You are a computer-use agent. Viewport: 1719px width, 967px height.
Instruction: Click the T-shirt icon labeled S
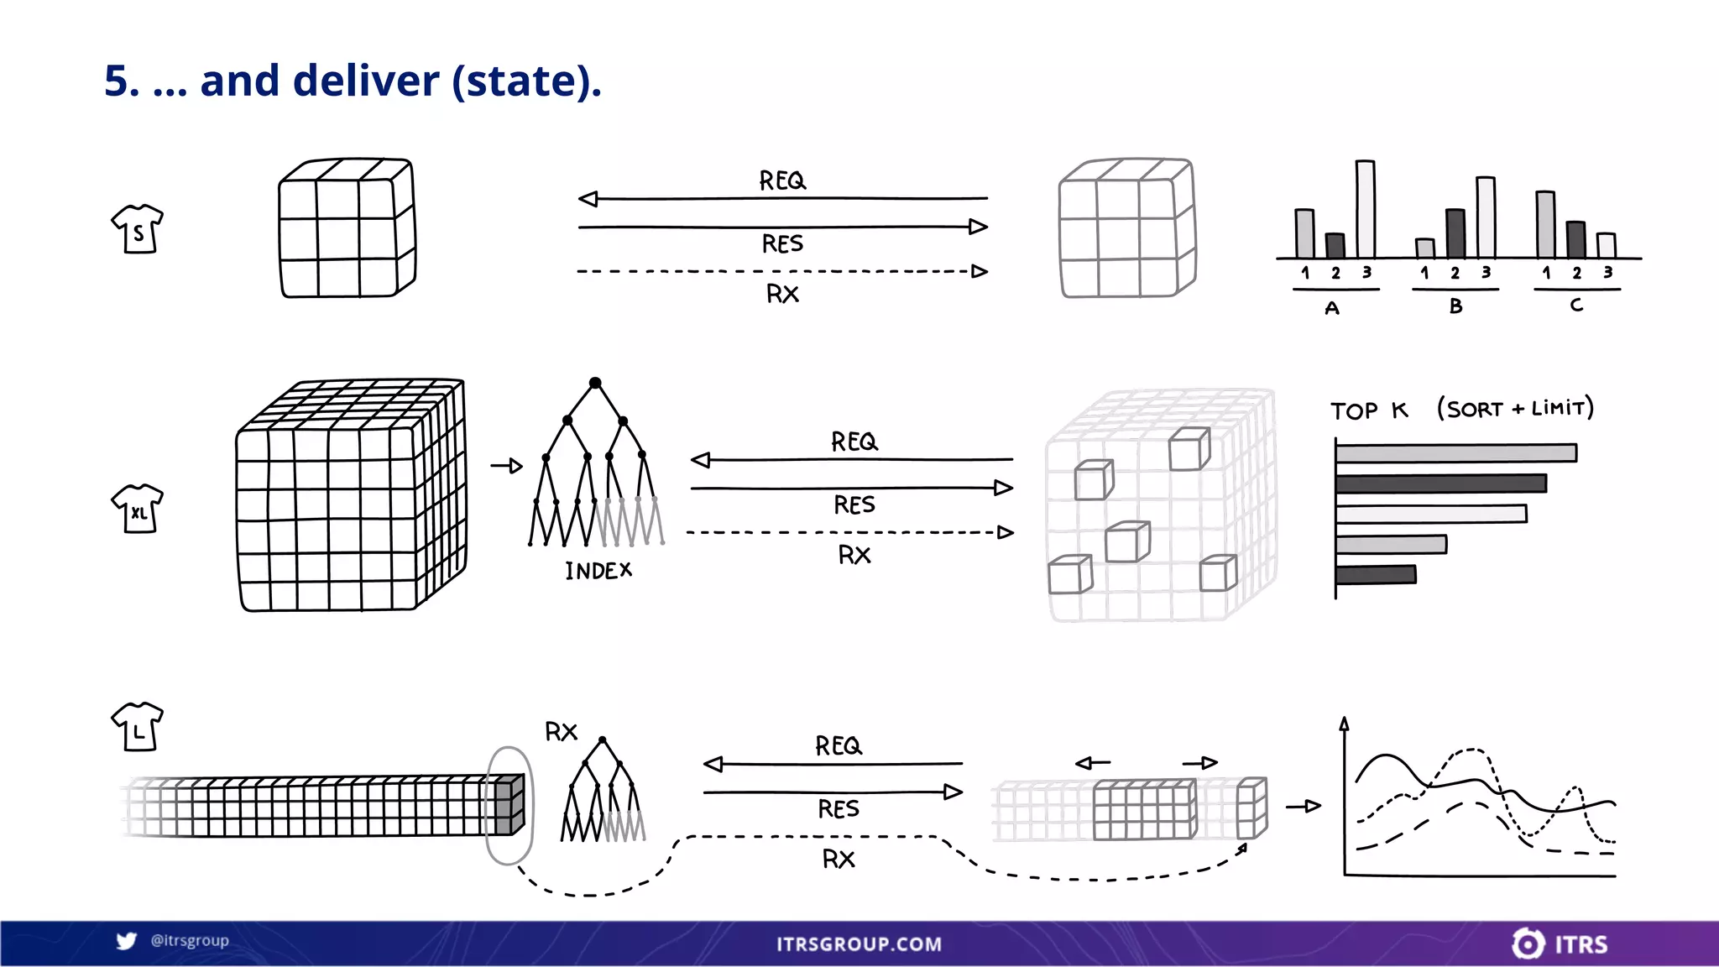click(x=138, y=228)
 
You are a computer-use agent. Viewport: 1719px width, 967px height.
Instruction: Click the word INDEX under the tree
click(x=598, y=572)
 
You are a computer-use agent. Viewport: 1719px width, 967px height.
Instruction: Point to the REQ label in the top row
click(x=782, y=180)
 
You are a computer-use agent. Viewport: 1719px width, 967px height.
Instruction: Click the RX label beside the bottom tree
click(x=561, y=732)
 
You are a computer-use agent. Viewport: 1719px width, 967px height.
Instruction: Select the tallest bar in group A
click(x=1366, y=209)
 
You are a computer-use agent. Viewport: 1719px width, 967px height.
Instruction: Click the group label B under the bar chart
click(x=1455, y=306)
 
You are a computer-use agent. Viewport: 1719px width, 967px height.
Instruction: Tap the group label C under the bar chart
click(x=1576, y=306)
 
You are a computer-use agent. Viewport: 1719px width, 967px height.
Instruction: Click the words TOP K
click(x=1369, y=410)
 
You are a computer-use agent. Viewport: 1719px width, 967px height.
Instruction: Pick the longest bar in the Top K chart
click(x=1456, y=453)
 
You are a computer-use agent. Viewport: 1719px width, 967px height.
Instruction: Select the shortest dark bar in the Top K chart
click(x=1376, y=575)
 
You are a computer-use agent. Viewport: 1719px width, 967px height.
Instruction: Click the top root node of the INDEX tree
click(x=595, y=383)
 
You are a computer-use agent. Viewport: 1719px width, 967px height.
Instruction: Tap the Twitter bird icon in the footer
click(x=127, y=941)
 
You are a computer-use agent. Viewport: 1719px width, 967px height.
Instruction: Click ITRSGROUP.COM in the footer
click(x=859, y=944)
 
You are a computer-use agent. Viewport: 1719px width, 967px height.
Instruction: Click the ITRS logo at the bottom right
click(x=1560, y=944)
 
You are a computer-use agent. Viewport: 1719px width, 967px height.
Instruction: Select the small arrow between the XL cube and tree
click(x=507, y=466)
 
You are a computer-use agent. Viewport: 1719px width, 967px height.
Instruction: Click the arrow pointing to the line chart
click(x=1304, y=806)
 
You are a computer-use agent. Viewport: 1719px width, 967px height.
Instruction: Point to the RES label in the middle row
click(x=854, y=504)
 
